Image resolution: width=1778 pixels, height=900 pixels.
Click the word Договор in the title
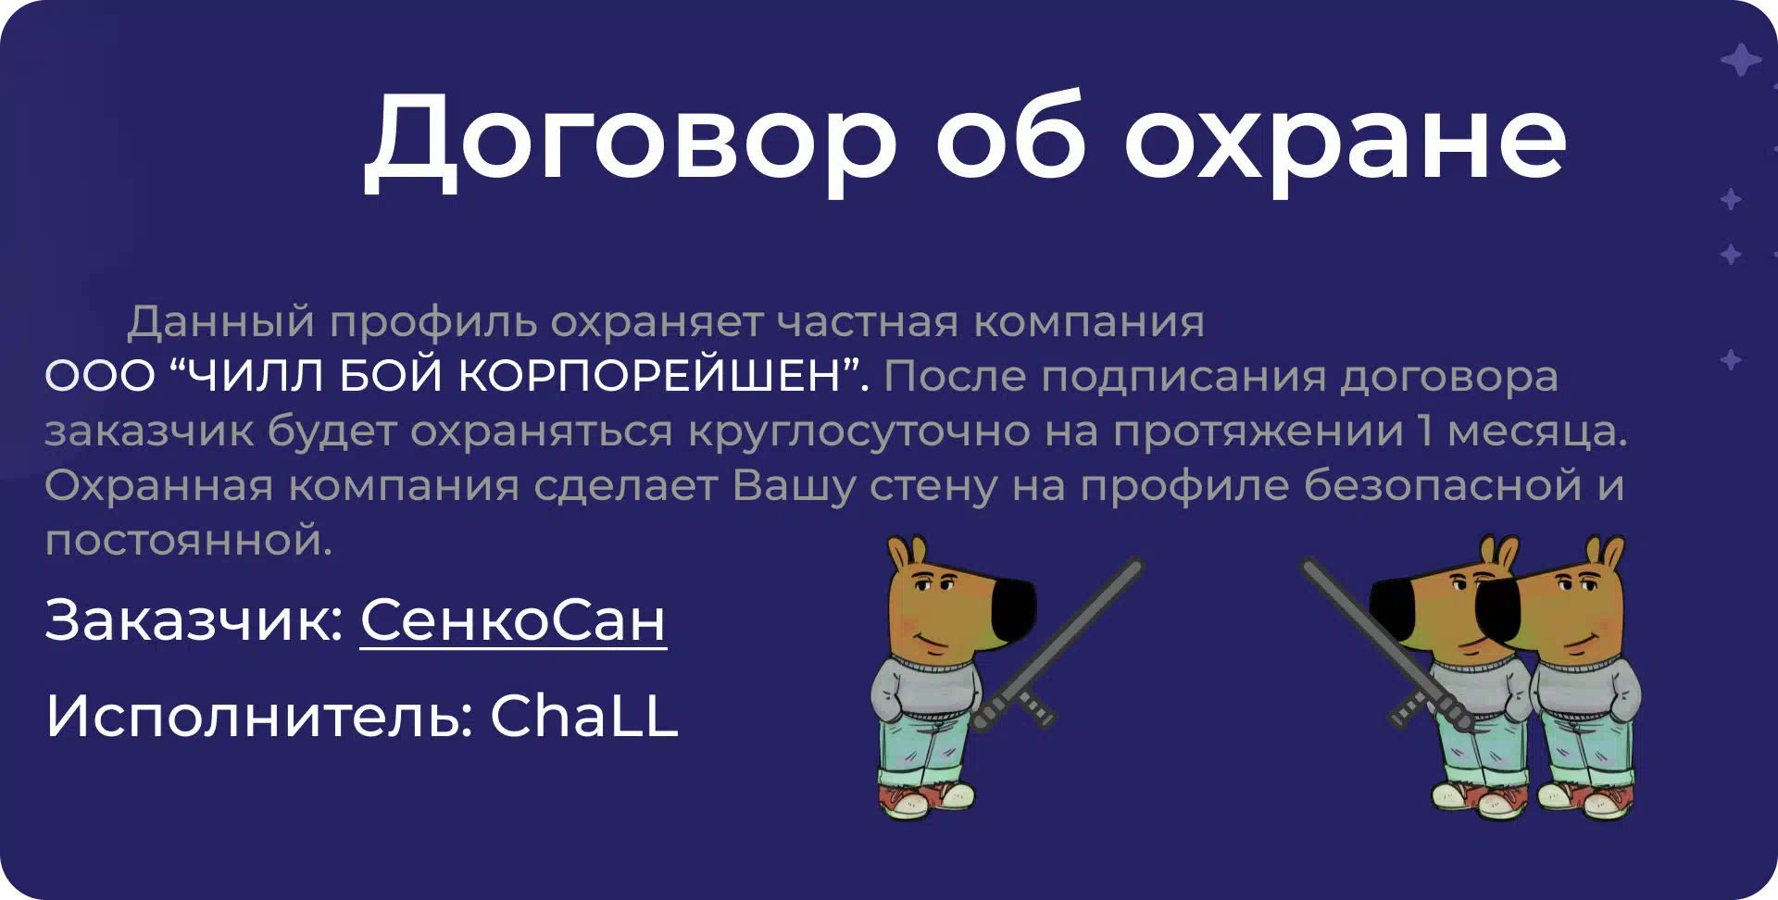(x=631, y=141)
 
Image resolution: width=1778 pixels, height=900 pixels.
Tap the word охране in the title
(x=1345, y=141)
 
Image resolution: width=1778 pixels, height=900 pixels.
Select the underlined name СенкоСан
(x=513, y=619)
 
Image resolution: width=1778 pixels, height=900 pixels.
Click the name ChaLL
(x=584, y=715)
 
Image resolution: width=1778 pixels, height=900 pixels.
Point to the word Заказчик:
(x=194, y=619)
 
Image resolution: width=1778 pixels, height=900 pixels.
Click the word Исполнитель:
(x=260, y=715)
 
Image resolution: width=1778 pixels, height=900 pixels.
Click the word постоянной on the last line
(x=188, y=540)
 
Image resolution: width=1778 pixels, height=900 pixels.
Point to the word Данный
(x=221, y=322)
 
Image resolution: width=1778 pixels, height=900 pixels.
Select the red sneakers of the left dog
(x=926, y=799)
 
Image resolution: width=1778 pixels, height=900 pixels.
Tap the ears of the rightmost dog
(x=1604, y=553)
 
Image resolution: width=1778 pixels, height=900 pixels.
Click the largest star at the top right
(x=1741, y=60)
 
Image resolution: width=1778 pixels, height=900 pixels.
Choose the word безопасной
(x=1443, y=486)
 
